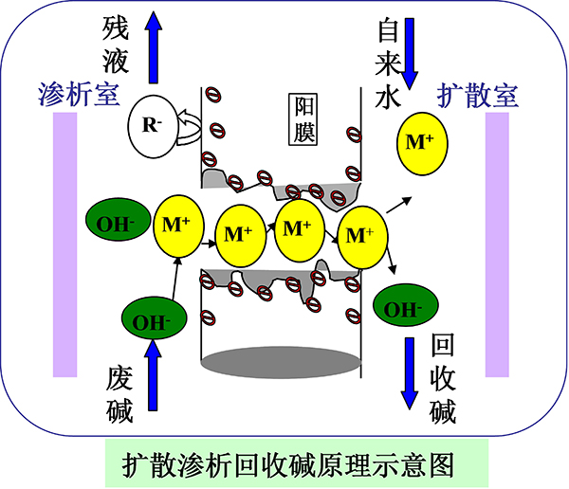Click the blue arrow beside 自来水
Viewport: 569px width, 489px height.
[413, 47]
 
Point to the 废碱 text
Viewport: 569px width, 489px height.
[119, 394]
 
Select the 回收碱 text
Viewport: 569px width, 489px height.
[443, 378]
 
